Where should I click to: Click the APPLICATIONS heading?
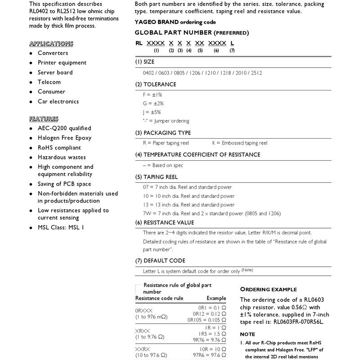click(x=51, y=44)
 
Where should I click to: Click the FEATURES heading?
click(x=44, y=119)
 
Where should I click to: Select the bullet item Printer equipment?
click(x=62, y=63)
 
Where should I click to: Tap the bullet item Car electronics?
click(x=58, y=101)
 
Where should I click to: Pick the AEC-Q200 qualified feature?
click(x=64, y=128)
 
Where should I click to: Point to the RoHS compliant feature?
click(x=59, y=148)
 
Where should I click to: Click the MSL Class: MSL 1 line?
click(x=61, y=228)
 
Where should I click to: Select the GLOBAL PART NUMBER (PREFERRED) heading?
click(x=191, y=33)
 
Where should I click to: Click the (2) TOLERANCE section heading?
click(x=156, y=84)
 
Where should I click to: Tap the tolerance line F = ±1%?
click(x=153, y=95)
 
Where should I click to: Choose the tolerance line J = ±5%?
click(x=152, y=112)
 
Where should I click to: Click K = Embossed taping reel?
click(x=240, y=143)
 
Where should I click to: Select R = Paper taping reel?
click(x=166, y=143)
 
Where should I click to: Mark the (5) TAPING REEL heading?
click(x=157, y=177)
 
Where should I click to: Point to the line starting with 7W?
click(x=211, y=213)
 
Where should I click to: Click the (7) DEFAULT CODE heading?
click(x=160, y=261)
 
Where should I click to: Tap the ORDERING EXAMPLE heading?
click(x=268, y=289)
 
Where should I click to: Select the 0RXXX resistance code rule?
click(x=144, y=310)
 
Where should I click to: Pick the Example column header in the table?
click(x=216, y=298)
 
